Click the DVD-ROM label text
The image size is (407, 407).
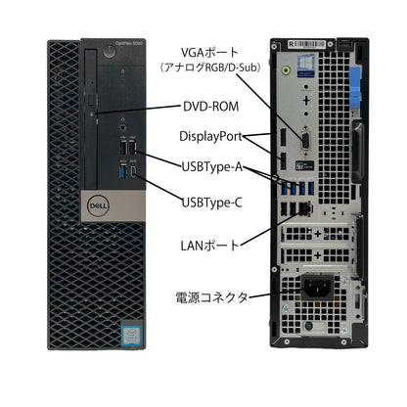(210, 107)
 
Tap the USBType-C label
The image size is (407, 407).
(212, 203)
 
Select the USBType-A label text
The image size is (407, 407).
(212, 167)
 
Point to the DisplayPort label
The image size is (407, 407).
(211, 136)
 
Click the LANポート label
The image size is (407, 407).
(210, 246)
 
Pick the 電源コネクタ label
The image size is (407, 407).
(211, 297)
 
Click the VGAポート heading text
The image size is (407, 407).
(209, 53)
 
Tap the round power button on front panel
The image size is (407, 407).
(109, 52)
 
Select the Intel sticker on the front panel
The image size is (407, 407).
(131, 335)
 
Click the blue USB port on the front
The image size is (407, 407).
(123, 171)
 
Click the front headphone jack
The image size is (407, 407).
(122, 126)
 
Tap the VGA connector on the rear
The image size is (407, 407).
(306, 141)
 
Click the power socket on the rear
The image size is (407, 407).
(317, 287)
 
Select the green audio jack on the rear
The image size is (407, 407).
(286, 69)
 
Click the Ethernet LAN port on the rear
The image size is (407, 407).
(305, 207)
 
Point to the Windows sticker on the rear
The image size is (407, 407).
(306, 66)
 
